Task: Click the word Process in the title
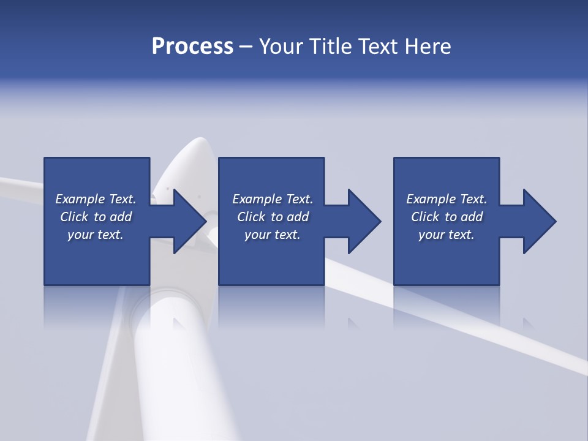[x=192, y=47]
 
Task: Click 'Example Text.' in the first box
[x=96, y=199]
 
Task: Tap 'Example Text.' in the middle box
[x=273, y=199]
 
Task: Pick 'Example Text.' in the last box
[x=447, y=199]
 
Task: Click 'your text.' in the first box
[x=96, y=235]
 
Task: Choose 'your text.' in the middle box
[x=273, y=235]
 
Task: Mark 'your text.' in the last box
[x=447, y=235]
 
